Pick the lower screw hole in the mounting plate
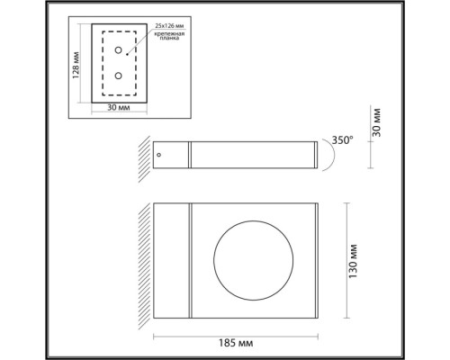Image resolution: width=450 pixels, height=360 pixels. pos(118,76)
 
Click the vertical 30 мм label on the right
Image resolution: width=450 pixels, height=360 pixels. pos(379,124)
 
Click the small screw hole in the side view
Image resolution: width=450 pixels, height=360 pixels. pos(160,155)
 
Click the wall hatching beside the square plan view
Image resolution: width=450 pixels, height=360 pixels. pos(143,261)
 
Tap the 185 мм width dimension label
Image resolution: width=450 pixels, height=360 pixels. pos(238,346)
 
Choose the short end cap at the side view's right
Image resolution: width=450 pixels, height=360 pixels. pos(314,155)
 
